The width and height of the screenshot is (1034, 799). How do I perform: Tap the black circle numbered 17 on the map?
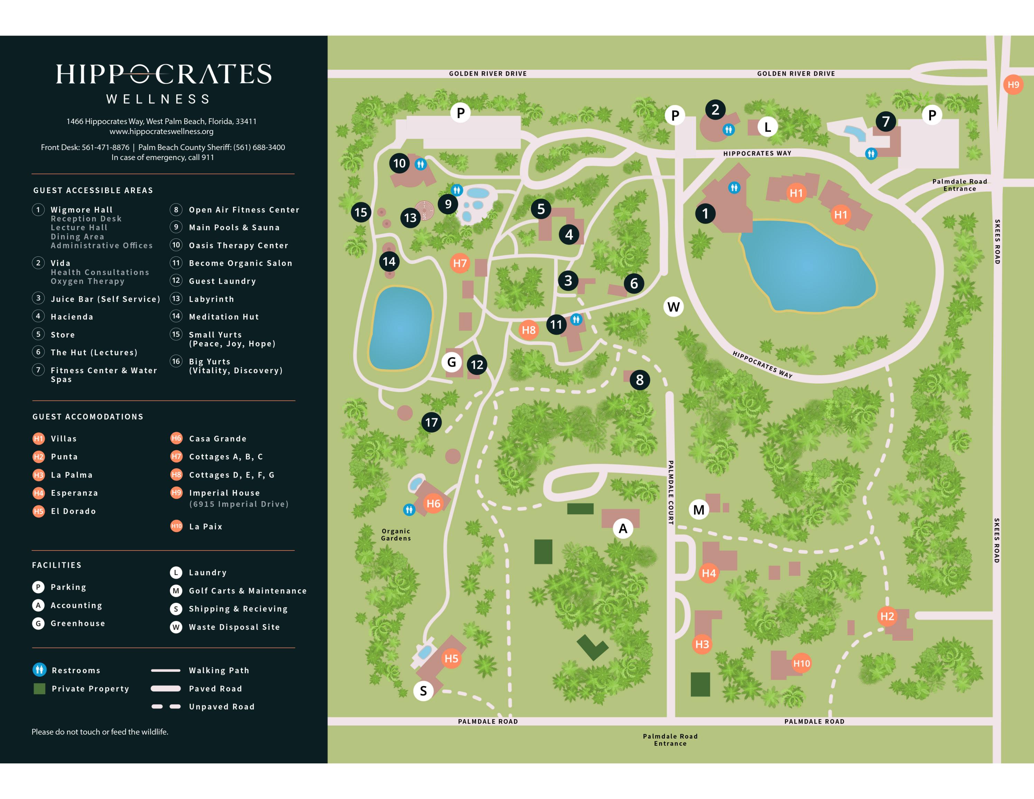tap(431, 422)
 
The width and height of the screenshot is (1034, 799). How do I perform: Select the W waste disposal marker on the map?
tap(673, 307)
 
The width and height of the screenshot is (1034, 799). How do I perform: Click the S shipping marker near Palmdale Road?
tap(423, 691)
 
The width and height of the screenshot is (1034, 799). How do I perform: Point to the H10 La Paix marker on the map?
tap(801, 663)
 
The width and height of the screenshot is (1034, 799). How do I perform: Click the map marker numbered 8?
tap(640, 379)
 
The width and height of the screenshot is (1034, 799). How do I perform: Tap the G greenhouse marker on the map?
tap(452, 362)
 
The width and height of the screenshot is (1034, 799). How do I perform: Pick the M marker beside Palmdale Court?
tap(699, 510)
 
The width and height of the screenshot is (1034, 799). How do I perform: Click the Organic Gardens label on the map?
tap(396, 534)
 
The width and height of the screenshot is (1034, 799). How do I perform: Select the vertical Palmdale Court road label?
tap(670, 492)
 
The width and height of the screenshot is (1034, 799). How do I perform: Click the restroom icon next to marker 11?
tap(576, 320)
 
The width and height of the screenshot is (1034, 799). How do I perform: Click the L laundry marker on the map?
tap(768, 127)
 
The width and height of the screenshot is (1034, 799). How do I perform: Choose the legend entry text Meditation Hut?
tap(224, 317)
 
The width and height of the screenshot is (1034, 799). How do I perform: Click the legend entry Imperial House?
tap(224, 493)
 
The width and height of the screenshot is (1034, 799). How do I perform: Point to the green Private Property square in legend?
tap(40, 689)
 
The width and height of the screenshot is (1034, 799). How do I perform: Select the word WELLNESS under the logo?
tap(158, 99)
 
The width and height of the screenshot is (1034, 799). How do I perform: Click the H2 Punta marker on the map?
tap(887, 616)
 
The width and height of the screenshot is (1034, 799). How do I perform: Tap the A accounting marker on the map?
tap(623, 528)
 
